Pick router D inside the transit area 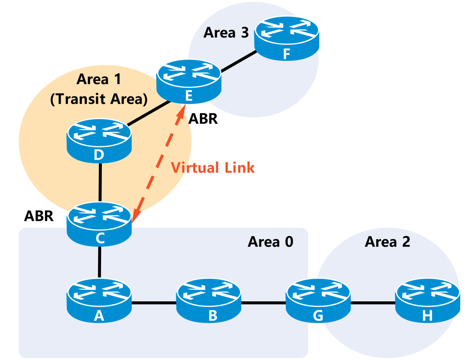coord(99,140)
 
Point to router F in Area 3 coord(287,39)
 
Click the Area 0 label coord(270,242)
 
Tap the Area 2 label coord(387,242)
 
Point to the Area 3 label coord(226,32)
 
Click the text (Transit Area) coord(99,99)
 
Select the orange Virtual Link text coord(213,167)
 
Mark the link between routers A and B coord(154,303)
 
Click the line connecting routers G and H coord(373,303)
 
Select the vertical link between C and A coord(99,262)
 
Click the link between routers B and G coord(263,303)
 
